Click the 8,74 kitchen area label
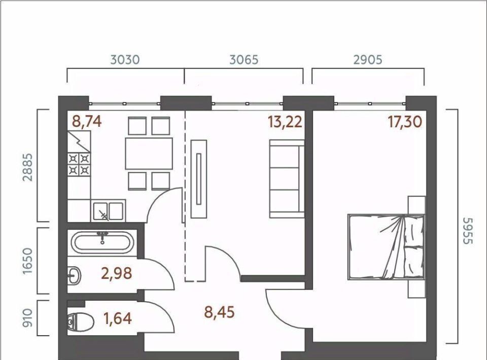click(87, 121)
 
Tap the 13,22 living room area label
click(285, 122)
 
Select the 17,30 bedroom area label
click(405, 122)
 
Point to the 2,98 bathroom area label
click(117, 273)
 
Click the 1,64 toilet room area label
click(118, 319)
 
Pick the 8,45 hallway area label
click(219, 312)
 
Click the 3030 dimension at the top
click(125, 60)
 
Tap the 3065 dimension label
click(244, 60)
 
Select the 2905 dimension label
click(368, 60)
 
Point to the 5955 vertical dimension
click(467, 231)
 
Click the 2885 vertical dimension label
click(28, 167)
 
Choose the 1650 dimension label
click(28, 261)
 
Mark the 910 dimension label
click(28, 318)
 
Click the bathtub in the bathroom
click(102, 242)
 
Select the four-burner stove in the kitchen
click(79, 164)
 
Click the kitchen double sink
click(108, 211)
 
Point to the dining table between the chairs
click(149, 154)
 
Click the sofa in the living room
click(287, 179)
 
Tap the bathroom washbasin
click(74, 275)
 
